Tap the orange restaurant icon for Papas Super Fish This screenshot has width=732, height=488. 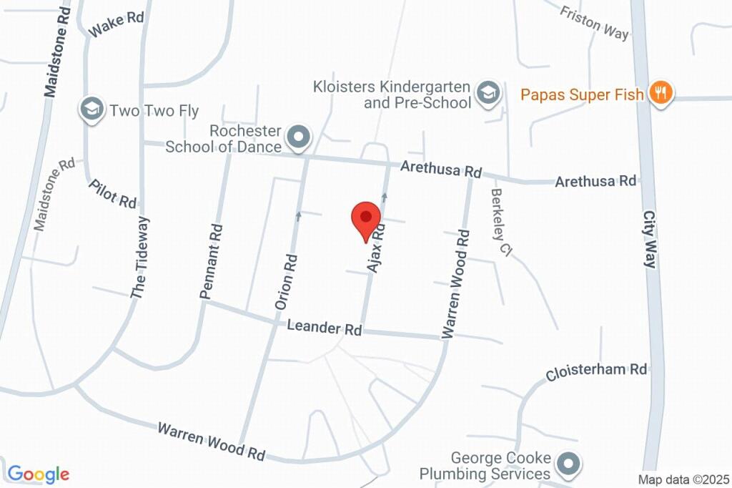coord(661,94)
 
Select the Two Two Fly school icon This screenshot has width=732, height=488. coord(91,110)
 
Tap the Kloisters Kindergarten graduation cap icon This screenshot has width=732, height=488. coord(488,93)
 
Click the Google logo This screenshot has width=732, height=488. coord(38,474)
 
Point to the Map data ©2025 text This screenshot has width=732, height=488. coord(683,479)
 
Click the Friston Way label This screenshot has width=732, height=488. coord(594,23)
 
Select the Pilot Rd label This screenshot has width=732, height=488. coord(113,194)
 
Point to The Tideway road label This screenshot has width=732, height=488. coord(140,256)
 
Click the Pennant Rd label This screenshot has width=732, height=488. coord(211,260)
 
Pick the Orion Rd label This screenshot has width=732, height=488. coord(286,282)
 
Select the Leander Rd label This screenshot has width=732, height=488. coord(325,328)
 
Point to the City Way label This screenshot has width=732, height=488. coord(649,239)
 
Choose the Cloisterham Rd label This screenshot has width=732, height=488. coord(595,371)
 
